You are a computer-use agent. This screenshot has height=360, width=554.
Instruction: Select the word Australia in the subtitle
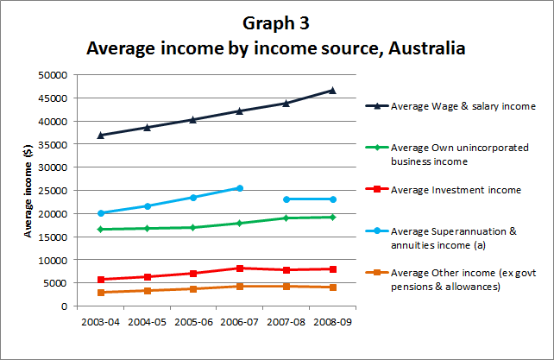pos(423,48)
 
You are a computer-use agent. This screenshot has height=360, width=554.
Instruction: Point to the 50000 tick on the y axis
pos(54,74)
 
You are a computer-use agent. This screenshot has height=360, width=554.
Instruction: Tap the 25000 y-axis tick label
pos(54,190)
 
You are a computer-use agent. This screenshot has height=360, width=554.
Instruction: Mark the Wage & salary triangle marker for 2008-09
pos(331,90)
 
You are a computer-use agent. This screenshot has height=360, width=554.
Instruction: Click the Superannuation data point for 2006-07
pos(239,188)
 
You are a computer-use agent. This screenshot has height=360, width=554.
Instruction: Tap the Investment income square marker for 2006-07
pos(239,268)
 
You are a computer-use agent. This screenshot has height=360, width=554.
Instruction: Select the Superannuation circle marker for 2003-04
pos(101,213)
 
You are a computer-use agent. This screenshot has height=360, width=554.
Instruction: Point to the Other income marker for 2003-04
pos(101,293)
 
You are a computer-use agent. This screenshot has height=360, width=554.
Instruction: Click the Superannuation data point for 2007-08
pos(286,199)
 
